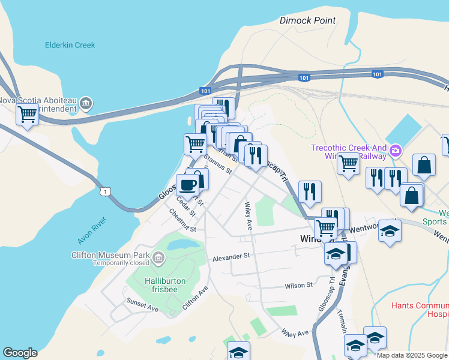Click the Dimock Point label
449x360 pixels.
[x=308, y=20]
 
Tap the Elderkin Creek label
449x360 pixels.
[x=70, y=45]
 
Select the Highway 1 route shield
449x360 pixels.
[x=106, y=191]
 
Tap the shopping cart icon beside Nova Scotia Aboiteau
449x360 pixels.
[x=27, y=113]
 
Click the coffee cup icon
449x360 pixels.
[x=187, y=185]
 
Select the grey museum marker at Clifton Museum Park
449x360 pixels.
[x=158, y=259]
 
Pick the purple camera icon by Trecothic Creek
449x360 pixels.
[x=396, y=150]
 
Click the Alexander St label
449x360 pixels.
[x=231, y=256]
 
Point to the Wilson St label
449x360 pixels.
[x=299, y=286]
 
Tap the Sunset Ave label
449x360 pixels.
[x=142, y=304]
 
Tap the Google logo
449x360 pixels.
[x=20, y=353]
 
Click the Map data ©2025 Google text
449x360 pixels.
[x=412, y=355]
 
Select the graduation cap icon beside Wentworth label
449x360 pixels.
[x=390, y=232]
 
